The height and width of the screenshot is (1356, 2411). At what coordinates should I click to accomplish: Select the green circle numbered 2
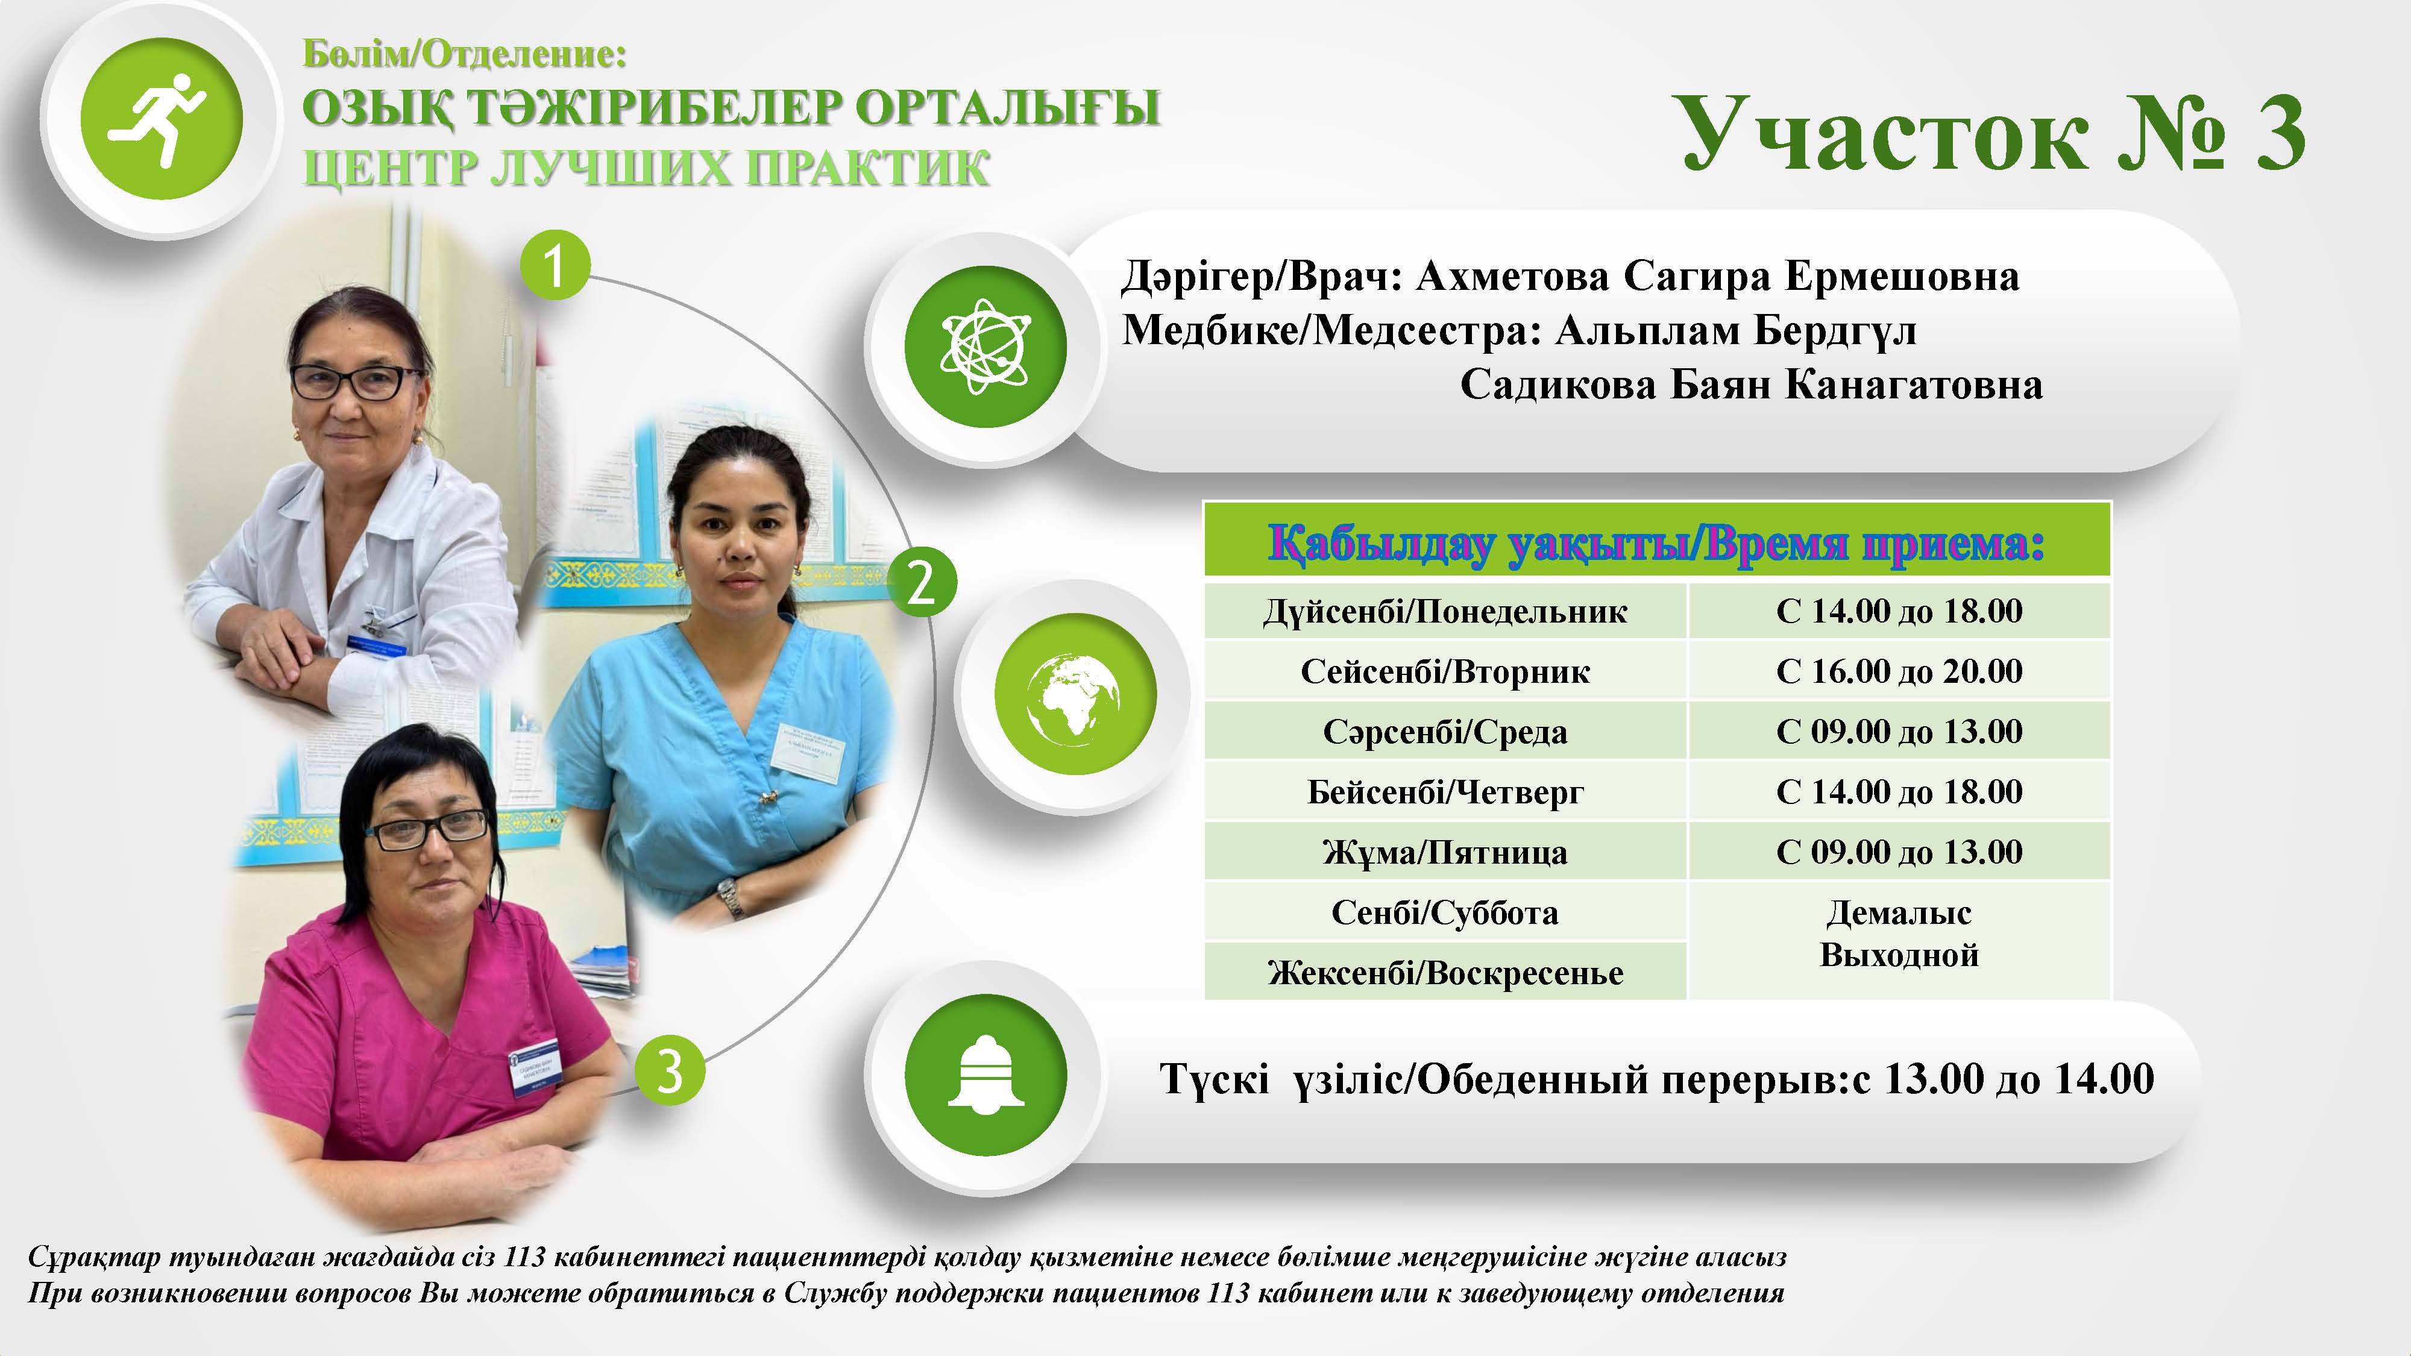coord(922,582)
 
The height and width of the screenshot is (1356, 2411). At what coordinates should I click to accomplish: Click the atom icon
coord(985,347)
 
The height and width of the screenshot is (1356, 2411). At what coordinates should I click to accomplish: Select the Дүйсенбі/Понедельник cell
coord(1445,611)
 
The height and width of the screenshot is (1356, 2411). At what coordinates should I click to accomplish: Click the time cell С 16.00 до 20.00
coord(1899,671)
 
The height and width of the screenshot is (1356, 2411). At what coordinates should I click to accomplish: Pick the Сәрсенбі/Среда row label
coord(1445,732)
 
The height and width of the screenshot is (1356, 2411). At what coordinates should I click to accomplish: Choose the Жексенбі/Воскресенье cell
coord(1445,972)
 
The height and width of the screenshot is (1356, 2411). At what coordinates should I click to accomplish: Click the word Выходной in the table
coord(1899,955)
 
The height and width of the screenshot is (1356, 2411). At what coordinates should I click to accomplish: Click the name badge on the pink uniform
coord(533,1066)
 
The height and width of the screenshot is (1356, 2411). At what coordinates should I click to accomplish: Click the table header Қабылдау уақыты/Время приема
coord(1656,544)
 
